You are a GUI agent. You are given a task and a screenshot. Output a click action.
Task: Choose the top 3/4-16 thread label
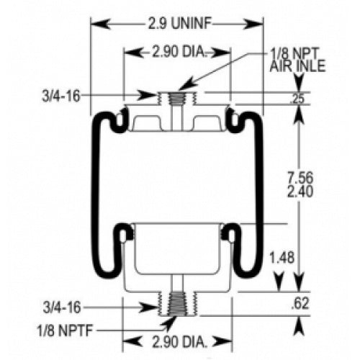[59, 94]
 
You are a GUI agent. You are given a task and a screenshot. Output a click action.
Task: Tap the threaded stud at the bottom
[175, 303]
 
